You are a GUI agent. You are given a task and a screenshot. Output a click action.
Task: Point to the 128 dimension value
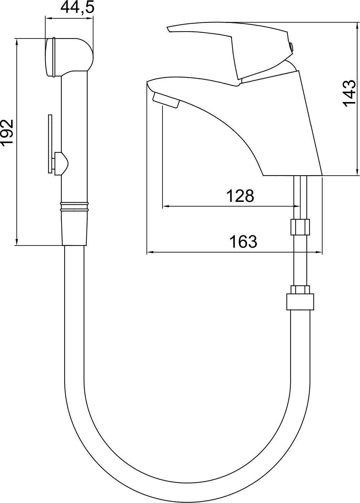(240, 196)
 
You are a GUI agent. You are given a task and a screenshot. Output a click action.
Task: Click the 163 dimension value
(243, 242)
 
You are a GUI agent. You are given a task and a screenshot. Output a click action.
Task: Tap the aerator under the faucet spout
(166, 101)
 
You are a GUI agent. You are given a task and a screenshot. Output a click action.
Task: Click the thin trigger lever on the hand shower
(50, 144)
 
